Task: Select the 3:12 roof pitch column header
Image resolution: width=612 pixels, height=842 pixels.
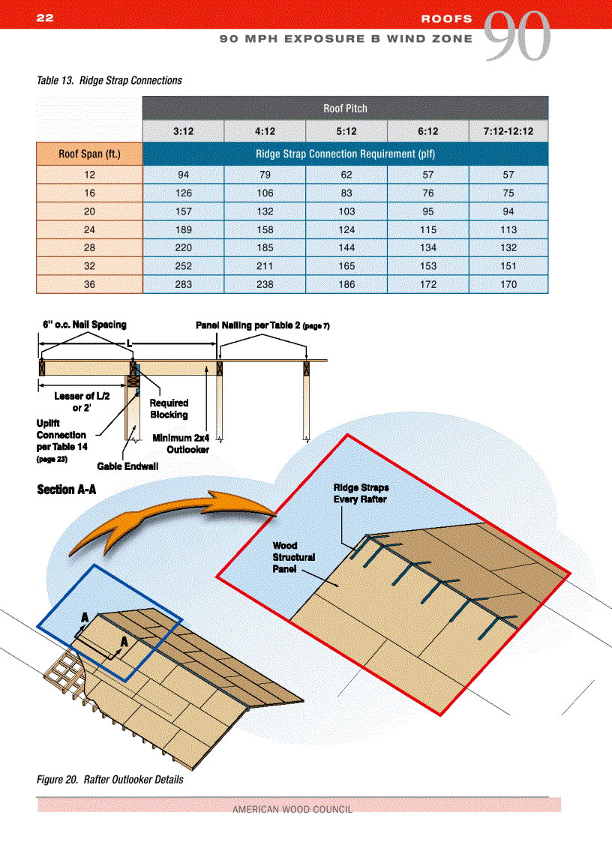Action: pos(183,131)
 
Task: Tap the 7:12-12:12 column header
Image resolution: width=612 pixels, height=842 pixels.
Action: pos(508,131)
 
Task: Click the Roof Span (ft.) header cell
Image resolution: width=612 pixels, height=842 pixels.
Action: pos(89,155)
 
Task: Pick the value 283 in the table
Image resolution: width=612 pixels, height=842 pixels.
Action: pos(183,284)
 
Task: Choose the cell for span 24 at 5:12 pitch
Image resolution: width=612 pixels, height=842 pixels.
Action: pos(346,229)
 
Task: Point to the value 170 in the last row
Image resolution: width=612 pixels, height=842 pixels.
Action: pos(508,284)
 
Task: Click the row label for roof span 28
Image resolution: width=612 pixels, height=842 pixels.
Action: pos(89,247)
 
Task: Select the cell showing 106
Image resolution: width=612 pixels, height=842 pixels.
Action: pos(264,193)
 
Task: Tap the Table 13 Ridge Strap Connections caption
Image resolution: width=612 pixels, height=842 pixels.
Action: pos(109,80)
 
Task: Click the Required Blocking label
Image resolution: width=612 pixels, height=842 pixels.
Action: pos(169,409)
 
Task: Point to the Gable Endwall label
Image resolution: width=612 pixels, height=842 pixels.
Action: pos(127,466)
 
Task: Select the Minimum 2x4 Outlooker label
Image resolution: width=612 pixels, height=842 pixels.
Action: pos(181,444)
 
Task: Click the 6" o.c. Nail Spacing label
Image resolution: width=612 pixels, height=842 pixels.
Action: pos(84,325)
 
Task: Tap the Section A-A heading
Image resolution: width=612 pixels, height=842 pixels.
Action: pos(67,490)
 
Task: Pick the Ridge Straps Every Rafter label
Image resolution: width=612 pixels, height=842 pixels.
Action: pos(361,493)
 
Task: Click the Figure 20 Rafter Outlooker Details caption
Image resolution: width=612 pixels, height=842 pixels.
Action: pos(110,779)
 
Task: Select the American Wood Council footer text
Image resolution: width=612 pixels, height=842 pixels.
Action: pos(292,809)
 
